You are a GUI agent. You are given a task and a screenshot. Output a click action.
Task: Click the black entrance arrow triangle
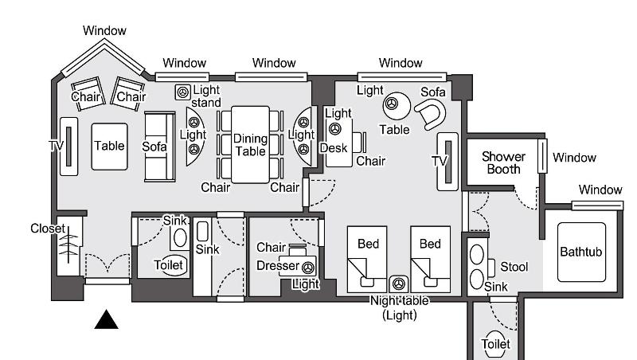click(x=107, y=319)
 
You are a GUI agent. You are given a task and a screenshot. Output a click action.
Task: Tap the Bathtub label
click(x=581, y=252)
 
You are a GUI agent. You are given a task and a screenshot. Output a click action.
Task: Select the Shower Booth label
click(x=503, y=162)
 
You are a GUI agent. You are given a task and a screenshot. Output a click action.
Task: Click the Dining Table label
click(x=250, y=145)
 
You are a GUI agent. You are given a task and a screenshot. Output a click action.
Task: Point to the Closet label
click(x=48, y=229)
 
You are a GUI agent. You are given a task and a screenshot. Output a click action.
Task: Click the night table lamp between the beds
click(x=399, y=284)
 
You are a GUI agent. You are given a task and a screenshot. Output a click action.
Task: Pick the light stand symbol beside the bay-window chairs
click(x=183, y=92)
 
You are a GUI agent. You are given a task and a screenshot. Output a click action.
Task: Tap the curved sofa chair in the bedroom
click(x=431, y=114)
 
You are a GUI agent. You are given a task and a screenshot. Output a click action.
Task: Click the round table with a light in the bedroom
click(x=397, y=106)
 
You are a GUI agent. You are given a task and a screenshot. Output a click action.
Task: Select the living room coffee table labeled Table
click(x=109, y=147)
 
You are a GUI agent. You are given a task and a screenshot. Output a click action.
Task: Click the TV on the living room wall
click(x=68, y=147)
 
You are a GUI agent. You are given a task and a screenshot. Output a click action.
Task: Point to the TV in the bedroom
click(x=447, y=162)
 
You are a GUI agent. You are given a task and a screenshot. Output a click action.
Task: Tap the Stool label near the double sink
click(x=514, y=267)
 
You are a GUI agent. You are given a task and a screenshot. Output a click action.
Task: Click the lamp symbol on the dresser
click(x=308, y=268)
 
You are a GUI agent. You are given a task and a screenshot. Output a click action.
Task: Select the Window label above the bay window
click(x=104, y=30)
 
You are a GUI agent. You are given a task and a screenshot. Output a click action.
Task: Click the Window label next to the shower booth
click(x=574, y=158)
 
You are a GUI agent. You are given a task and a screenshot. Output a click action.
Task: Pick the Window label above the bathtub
click(x=600, y=190)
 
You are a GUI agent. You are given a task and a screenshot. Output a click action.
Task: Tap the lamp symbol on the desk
click(x=335, y=129)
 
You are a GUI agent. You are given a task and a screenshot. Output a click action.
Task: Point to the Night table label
click(x=400, y=301)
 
